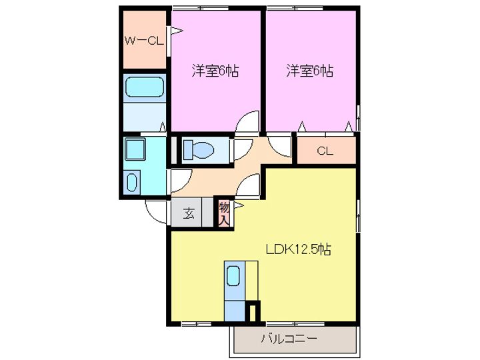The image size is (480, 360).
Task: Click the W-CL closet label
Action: pos(144,41)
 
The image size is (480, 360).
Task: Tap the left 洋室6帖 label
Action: pos(215,71)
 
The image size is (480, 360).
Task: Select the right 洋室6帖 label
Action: pos(310,71)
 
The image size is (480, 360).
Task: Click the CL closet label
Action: pos(325,151)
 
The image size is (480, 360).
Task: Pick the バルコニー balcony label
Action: pos(289,339)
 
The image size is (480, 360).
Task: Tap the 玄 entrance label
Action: pos(189,215)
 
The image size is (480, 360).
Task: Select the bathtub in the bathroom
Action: pos(144,87)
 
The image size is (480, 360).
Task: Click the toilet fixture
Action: pos(198,150)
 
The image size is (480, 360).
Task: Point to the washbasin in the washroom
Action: pos(132,181)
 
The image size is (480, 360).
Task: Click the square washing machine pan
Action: pos(136,150)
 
